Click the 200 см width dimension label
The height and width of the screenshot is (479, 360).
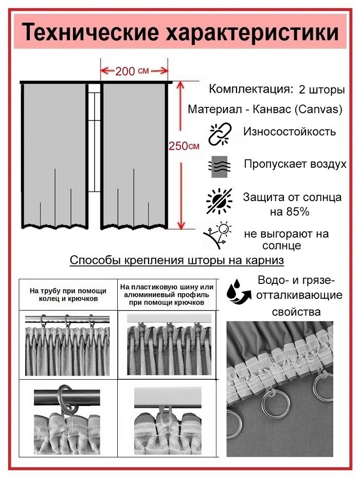click(x=132, y=71)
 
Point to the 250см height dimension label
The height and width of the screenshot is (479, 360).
click(x=184, y=146)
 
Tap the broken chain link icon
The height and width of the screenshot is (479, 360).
click(x=220, y=134)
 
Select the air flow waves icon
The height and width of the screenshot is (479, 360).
click(x=220, y=167)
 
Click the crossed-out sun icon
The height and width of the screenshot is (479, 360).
click(x=219, y=201)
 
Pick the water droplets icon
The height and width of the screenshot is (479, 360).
click(x=238, y=291)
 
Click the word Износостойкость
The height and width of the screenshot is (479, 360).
click(x=290, y=131)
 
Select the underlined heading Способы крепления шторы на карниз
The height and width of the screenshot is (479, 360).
click(x=177, y=260)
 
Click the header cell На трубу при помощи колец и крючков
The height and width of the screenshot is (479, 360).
click(x=68, y=294)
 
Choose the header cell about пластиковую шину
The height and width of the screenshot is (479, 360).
click(x=167, y=295)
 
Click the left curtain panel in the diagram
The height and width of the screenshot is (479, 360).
click(x=55, y=156)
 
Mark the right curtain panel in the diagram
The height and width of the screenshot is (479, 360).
click(x=134, y=156)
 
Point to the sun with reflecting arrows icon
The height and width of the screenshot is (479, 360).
click(x=218, y=235)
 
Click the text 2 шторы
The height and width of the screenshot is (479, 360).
click(x=322, y=90)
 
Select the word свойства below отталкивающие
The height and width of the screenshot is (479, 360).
click(x=296, y=312)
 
